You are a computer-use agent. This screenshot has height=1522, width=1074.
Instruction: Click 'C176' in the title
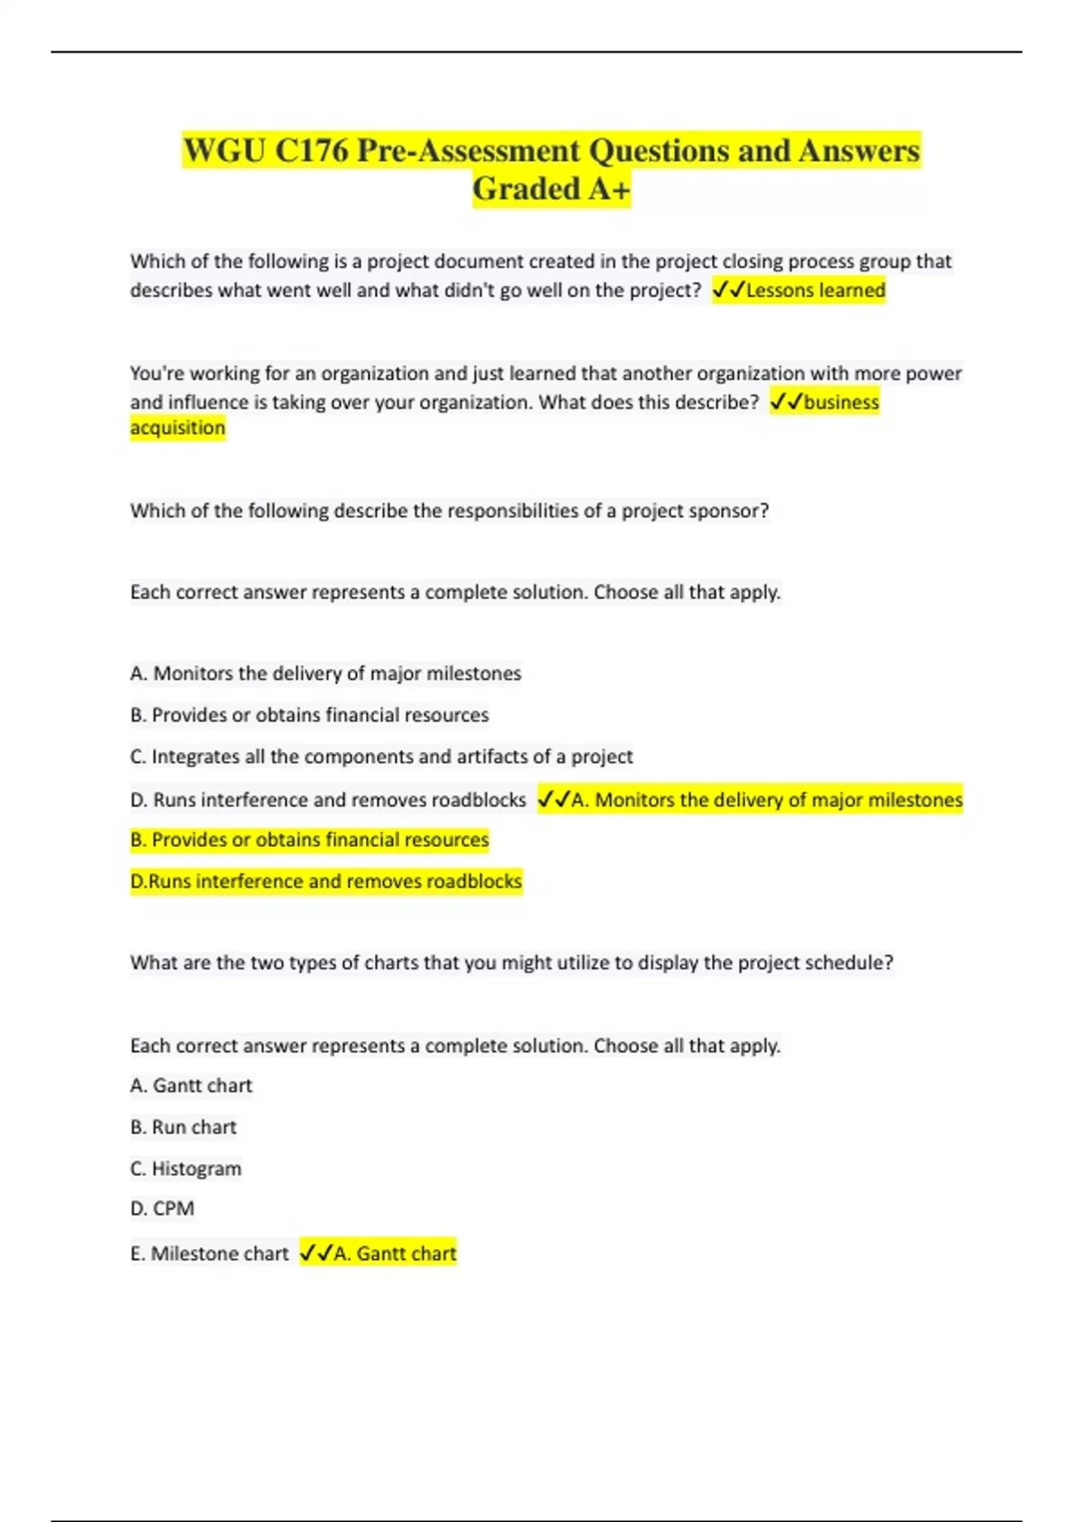click(x=311, y=150)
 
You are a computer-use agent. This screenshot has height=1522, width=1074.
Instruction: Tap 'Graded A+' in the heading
click(x=551, y=189)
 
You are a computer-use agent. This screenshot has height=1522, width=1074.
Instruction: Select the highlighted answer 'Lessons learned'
click(x=815, y=290)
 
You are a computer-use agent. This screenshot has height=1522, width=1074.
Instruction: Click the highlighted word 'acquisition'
click(x=177, y=428)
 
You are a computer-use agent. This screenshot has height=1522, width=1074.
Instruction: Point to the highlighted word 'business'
click(x=841, y=402)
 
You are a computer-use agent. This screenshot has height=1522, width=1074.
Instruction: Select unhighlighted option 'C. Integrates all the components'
click(x=381, y=757)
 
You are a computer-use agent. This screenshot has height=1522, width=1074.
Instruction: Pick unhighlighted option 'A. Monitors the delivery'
click(x=326, y=673)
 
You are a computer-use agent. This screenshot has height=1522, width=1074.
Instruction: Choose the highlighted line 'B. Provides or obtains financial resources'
click(x=310, y=840)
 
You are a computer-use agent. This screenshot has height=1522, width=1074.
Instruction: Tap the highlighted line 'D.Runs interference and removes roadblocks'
click(x=326, y=881)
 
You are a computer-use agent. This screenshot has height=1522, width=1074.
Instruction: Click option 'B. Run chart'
click(x=183, y=1127)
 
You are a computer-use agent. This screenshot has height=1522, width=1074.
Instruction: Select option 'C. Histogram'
click(x=185, y=1168)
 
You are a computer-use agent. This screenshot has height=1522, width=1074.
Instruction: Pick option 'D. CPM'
click(x=162, y=1209)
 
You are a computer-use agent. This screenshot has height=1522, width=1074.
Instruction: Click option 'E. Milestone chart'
click(x=209, y=1253)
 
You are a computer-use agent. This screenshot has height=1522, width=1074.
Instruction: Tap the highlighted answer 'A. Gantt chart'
click(x=395, y=1253)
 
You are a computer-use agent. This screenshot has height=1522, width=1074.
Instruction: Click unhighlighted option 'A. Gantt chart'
click(x=192, y=1086)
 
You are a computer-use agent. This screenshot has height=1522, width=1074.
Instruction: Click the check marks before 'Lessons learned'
click(x=729, y=290)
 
